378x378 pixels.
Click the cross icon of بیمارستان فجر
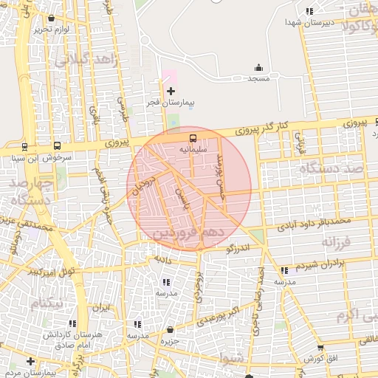coord(171,91)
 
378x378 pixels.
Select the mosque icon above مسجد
coord(258,67)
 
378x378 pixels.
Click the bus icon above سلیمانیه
coord(193,137)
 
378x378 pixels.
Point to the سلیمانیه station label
coord(193,148)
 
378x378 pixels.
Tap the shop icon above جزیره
coord(171,329)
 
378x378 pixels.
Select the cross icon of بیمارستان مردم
coord(30,361)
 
